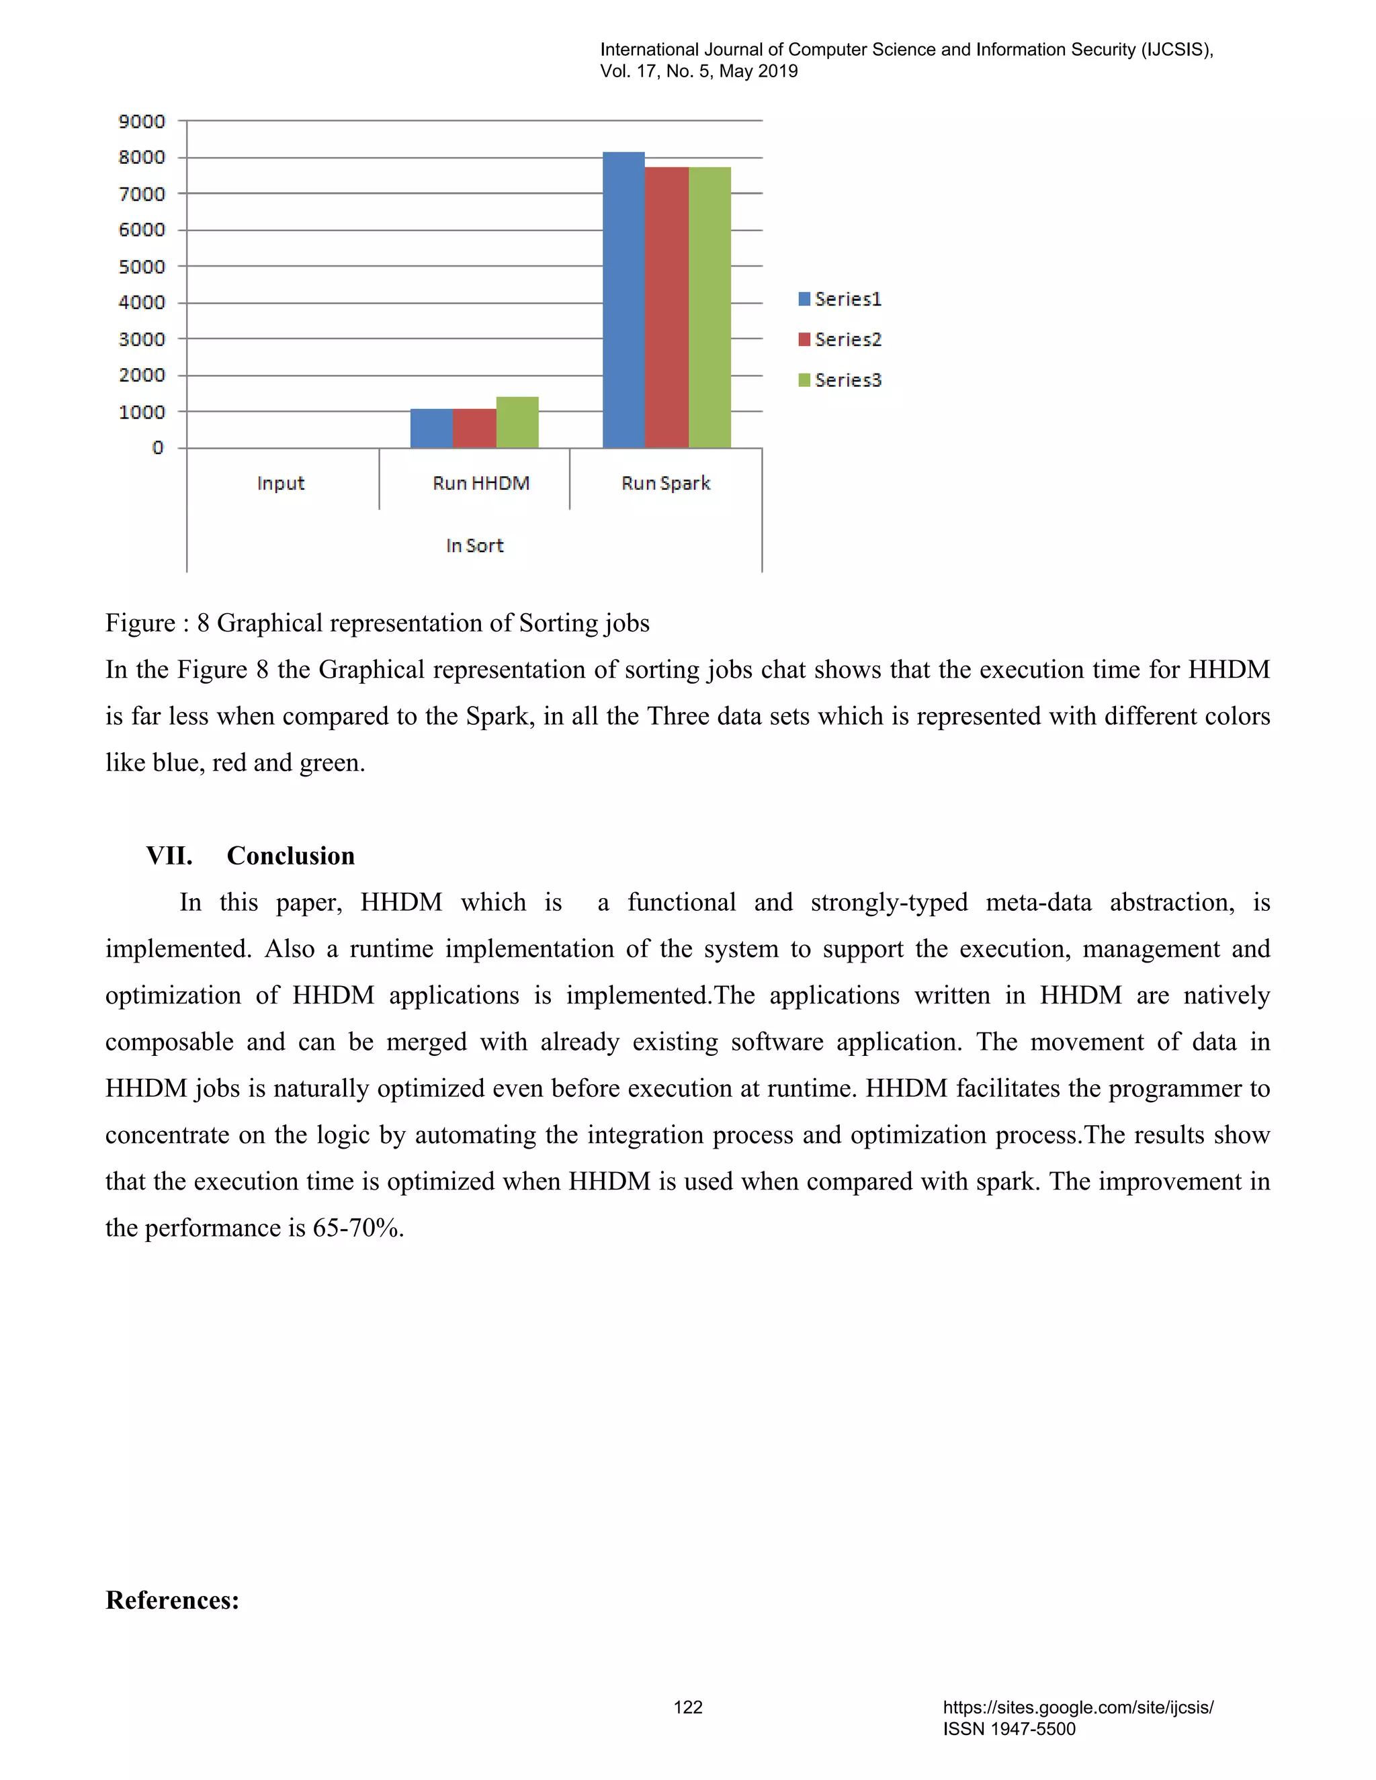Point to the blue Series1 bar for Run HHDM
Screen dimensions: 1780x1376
pos(431,429)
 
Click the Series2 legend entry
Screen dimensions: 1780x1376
pos(841,339)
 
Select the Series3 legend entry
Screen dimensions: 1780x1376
pos(841,380)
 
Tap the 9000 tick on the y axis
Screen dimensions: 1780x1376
pos(142,122)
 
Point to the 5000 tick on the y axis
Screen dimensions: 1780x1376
pos(142,267)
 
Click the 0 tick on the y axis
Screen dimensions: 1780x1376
pos(157,447)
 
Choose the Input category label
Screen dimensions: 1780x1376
pos(280,484)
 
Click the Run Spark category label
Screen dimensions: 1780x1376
pos(666,484)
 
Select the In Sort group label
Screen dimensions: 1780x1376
pos(474,545)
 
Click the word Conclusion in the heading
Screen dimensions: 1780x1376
pos(291,856)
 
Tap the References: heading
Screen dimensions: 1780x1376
pos(172,1600)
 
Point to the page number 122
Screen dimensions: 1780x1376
pos(688,1707)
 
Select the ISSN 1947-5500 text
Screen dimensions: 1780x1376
pos(1009,1729)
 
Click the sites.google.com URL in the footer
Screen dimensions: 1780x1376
pos(1078,1707)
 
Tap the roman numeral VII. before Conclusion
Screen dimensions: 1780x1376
pos(169,856)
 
